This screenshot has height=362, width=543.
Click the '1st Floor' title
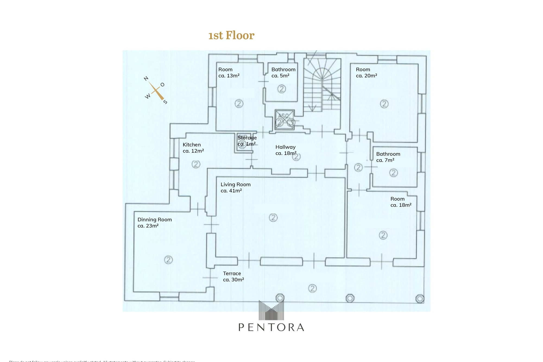pos(231,35)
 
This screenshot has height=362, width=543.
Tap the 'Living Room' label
pos(235,184)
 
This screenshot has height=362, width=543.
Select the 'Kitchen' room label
pos(192,145)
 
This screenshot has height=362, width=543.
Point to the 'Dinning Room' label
pos(154,219)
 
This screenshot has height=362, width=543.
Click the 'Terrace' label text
pos(232,273)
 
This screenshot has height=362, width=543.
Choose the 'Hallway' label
pos(285,147)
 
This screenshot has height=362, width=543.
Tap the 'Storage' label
pos(247,138)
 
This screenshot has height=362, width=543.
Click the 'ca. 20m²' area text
pos(366,76)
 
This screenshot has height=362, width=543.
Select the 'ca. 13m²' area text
pos(229,76)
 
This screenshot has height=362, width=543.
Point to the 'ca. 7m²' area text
pos(385,160)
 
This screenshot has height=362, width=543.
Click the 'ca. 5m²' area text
pos(280,76)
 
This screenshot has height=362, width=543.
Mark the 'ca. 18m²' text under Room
pos(401,205)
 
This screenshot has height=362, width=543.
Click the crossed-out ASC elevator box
pos(284,119)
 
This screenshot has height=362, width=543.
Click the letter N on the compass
pos(146,78)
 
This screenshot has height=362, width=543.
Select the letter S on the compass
pos(165,102)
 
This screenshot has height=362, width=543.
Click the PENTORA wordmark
pos(271,327)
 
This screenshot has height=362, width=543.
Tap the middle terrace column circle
pos(350,298)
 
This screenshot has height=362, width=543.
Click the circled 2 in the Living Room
pos(273,218)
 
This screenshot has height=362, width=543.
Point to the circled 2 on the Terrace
pos(312,288)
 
